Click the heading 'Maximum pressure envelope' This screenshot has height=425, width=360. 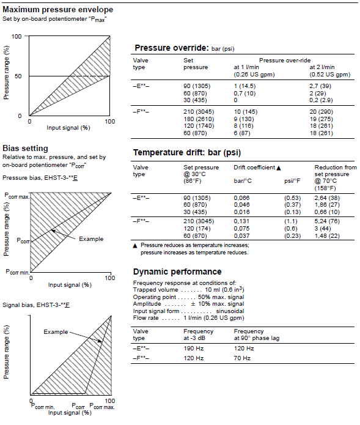(57, 10)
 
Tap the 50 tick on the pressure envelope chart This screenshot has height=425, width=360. (18, 76)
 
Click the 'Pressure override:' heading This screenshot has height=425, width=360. (172, 48)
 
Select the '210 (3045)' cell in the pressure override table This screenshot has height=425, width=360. (199, 112)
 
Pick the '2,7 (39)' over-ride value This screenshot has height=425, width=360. (320, 86)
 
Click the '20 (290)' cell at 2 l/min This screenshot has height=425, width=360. (321, 112)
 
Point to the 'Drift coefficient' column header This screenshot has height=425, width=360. (254, 168)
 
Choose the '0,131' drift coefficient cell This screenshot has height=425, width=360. (241, 221)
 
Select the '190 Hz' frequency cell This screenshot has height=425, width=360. (193, 349)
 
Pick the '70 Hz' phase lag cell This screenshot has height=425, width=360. (242, 358)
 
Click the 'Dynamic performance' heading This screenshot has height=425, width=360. (177, 272)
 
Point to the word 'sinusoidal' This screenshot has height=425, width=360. (230, 311)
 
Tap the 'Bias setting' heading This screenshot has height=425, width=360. (25, 148)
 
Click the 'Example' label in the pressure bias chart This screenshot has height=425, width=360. (91, 239)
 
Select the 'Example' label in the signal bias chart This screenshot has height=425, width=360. (56, 332)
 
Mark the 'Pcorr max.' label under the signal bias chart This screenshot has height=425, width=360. (102, 406)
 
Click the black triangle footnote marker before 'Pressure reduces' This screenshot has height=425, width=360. (135, 246)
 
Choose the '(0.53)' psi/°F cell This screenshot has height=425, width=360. (293, 198)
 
